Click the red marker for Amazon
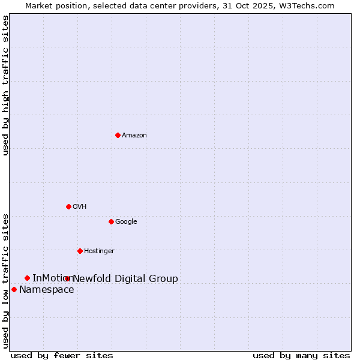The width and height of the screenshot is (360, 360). click(118, 135)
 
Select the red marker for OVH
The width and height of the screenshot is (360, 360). click(68, 206)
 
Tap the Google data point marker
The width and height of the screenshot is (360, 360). click(111, 221)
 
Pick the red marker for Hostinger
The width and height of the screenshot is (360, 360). click(80, 251)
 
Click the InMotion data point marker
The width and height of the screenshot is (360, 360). click(27, 278)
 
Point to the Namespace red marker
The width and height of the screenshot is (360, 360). click(14, 289)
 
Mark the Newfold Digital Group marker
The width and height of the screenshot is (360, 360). click(67, 278)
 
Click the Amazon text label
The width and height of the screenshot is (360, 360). click(134, 136)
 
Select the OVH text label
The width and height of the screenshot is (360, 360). click(80, 207)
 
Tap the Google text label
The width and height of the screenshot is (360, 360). click(126, 222)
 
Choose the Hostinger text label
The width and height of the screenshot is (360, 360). click(99, 251)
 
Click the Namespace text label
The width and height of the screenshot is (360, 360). click(47, 290)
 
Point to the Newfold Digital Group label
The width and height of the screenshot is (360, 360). click(125, 279)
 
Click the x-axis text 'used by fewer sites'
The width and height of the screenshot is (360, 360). click(62, 356)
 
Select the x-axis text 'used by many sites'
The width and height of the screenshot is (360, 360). click(301, 356)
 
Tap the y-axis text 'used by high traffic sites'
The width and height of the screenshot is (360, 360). click(5, 85)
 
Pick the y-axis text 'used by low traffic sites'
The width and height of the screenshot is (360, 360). click(5, 281)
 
